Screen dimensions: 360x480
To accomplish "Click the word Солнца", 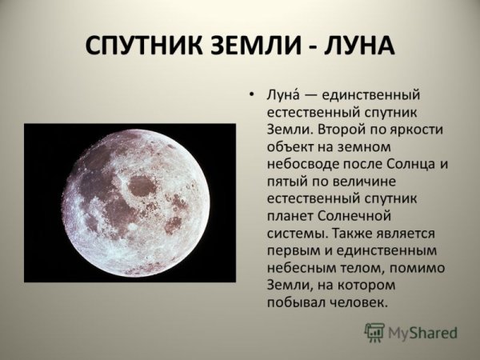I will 408,165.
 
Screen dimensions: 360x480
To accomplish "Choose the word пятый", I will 285,182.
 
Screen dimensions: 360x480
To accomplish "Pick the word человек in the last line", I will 358,303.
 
